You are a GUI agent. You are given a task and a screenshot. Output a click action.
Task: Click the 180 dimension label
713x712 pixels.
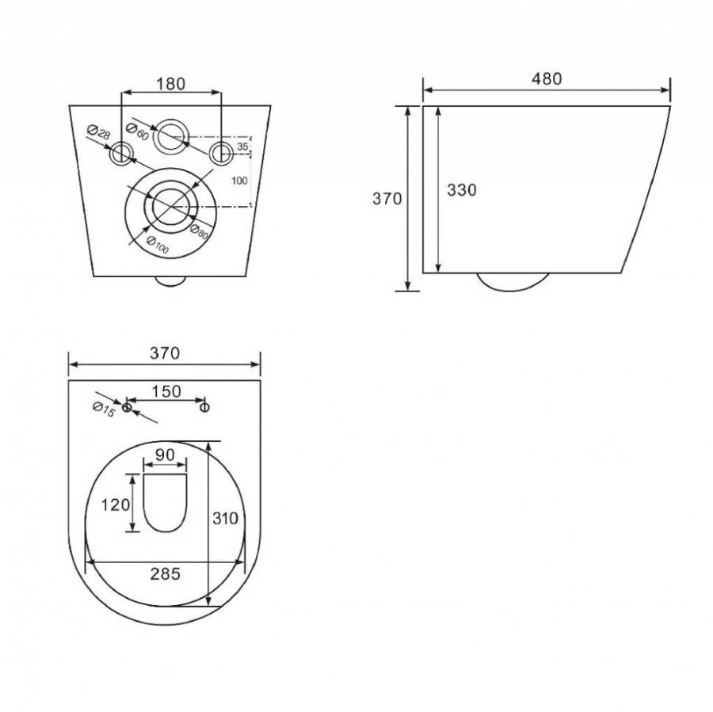(171, 84)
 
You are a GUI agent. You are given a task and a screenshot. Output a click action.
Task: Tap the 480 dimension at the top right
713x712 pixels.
(547, 78)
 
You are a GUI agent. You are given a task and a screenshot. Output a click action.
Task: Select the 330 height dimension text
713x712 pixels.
(462, 190)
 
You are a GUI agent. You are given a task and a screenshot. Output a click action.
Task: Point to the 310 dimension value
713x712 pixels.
(226, 518)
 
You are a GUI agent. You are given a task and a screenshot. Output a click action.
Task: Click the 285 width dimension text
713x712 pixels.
(165, 573)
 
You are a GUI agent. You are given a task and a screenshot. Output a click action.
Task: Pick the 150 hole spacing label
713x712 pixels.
(166, 391)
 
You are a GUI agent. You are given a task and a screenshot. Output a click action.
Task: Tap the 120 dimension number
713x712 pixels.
(115, 504)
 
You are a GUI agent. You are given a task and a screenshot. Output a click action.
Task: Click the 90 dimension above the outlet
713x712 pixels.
(165, 455)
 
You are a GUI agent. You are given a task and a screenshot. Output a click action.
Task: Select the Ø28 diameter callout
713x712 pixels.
(98, 132)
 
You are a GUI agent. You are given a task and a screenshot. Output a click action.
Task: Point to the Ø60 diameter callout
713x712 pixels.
(137, 131)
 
